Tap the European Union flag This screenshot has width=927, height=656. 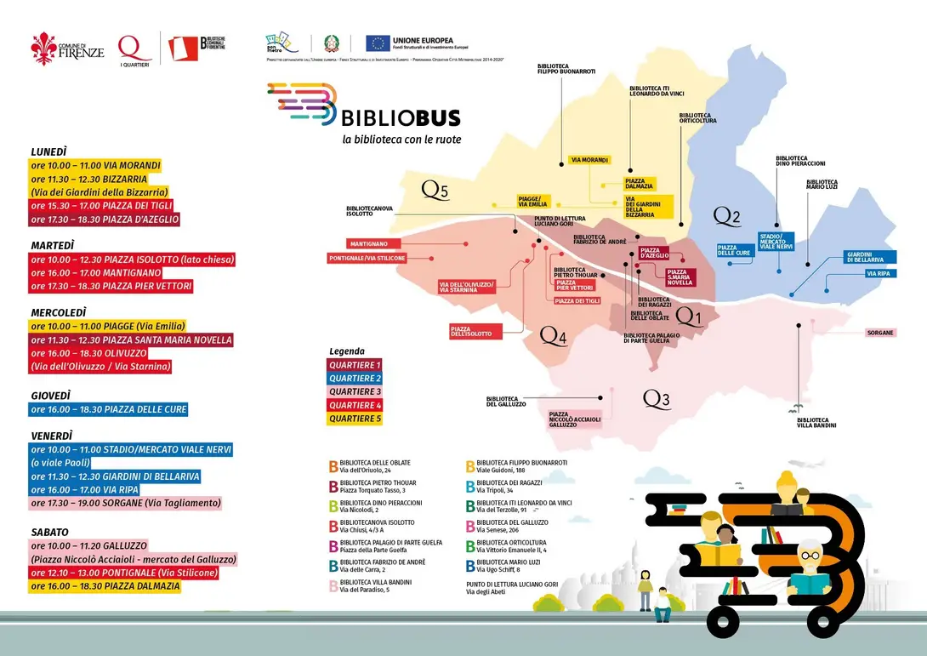click(378, 43)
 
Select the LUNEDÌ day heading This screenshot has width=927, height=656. click(48, 151)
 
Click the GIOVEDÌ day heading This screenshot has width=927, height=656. click(50, 396)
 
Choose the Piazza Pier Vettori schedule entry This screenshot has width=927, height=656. click(111, 287)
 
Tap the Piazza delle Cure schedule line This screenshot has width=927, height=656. click(108, 409)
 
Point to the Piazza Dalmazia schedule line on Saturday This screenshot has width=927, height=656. click(105, 586)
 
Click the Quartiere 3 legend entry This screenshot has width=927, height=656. click(355, 391)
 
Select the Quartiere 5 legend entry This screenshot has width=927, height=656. click(355, 419)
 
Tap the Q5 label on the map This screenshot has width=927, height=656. click(435, 191)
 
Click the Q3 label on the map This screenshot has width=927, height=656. click(656, 398)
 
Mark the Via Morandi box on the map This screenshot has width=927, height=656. click(589, 160)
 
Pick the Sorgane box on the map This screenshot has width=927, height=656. click(880, 333)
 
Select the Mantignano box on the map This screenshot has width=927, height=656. click(367, 243)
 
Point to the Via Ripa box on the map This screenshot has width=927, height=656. click(878, 274)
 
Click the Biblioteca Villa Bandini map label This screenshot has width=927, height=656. click(816, 422)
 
